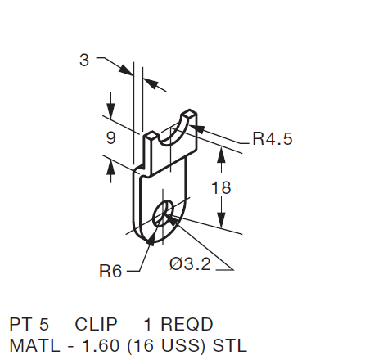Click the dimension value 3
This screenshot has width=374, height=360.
tap(84, 60)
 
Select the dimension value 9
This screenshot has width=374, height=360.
tap(110, 138)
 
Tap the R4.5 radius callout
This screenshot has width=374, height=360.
tap(272, 139)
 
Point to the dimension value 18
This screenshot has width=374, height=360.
tap(221, 187)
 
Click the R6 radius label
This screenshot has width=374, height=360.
tap(110, 271)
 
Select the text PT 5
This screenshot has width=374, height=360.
tap(29, 324)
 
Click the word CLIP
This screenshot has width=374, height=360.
tap(96, 324)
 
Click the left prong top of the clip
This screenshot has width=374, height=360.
tap(151, 133)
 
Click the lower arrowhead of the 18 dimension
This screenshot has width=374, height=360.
tap(219, 223)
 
